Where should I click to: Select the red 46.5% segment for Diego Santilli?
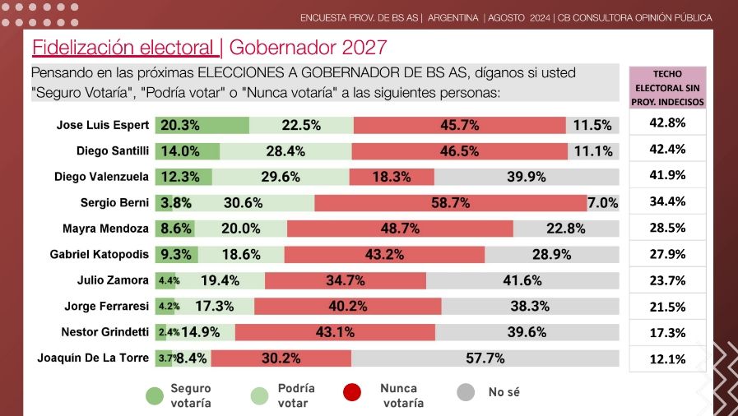click(x=459, y=151)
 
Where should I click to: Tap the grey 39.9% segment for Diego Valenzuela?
click(x=527, y=177)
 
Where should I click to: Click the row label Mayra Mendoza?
click(x=105, y=229)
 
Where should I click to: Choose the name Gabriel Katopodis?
click(x=100, y=255)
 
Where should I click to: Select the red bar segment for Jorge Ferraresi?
click(x=347, y=307)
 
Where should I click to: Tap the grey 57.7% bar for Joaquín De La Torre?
click(x=485, y=358)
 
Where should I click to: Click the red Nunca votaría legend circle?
click(x=352, y=393)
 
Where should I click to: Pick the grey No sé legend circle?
click(x=466, y=393)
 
